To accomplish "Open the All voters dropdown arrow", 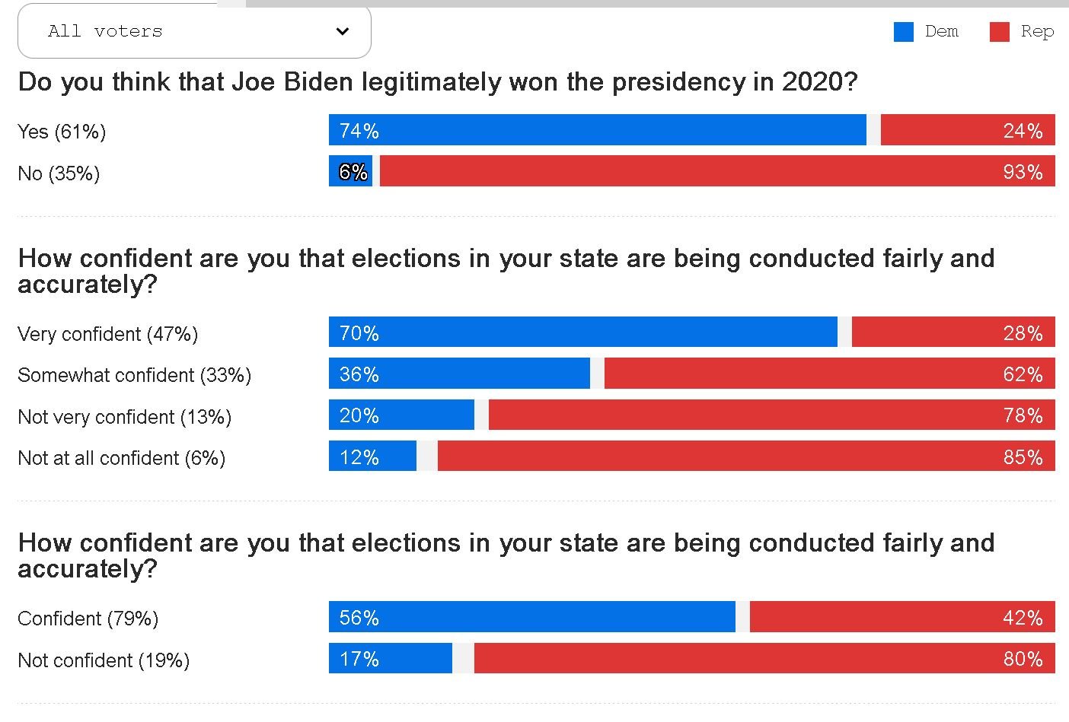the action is [x=342, y=31].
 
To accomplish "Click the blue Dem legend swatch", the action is [x=904, y=32].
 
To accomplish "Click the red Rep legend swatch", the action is [x=999, y=32].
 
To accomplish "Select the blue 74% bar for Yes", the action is [x=598, y=129].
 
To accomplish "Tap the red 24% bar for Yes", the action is [x=968, y=129].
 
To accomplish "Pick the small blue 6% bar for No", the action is [x=350, y=170].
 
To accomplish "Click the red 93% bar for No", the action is [x=717, y=170].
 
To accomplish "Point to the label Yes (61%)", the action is [x=62, y=132].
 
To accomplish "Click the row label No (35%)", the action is [x=59, y=173].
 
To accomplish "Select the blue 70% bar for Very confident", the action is [x=583, y=332].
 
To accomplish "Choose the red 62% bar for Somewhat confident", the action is [x=829, y=374].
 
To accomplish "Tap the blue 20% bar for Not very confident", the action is [x=401, y=415].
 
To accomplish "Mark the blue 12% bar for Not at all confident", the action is [x=373, y=456].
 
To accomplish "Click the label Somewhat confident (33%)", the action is [x=134, y=375].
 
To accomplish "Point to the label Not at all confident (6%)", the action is [x=121, y=458].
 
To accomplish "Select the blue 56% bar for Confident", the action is [x=532, y=616].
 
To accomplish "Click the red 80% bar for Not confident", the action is [x=764, y=658].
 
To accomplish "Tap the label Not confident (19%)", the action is [x=104, y=660].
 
